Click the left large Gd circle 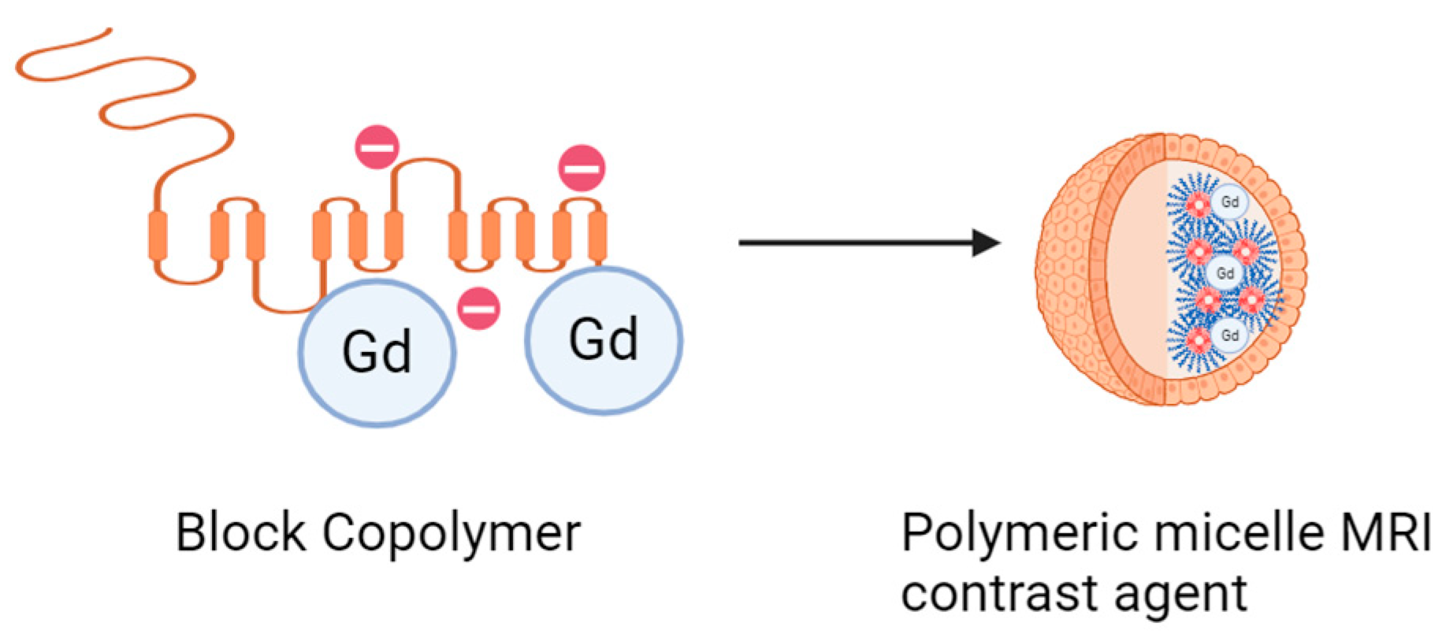[377, 351]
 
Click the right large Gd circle [604, 340]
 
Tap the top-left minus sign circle [377, 147]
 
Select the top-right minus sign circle [582, 168]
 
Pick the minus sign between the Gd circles [478, 308]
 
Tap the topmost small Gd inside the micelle [1229, 202]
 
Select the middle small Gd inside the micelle [1224, 273]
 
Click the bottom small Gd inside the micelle [1229, 336]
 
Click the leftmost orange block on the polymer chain [158, 235]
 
